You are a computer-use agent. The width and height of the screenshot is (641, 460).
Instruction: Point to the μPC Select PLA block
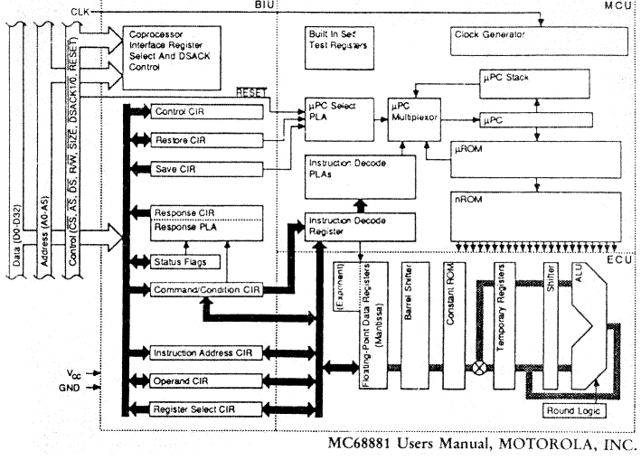click(335, 111)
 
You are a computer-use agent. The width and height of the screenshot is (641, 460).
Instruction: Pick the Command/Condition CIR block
click(207, 289)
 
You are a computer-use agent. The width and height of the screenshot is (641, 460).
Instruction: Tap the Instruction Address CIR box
click(207, 352)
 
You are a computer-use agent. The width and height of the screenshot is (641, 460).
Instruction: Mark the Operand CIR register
click(207, 380)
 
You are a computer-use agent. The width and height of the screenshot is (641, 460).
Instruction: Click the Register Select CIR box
click(207, 409)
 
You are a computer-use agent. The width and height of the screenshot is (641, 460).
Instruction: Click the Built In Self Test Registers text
click(336, 39)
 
